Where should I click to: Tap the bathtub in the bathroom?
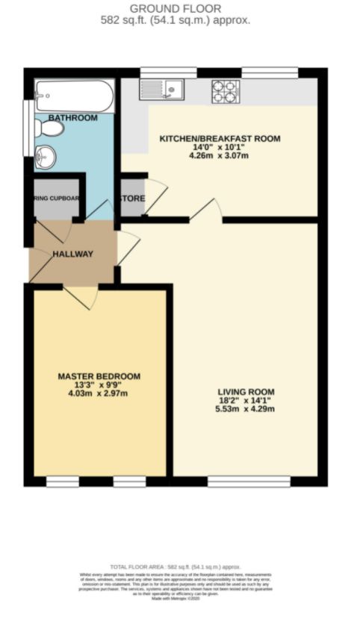coord(74,96)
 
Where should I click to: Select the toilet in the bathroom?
coord(49,128)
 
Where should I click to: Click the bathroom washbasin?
coord(45,158)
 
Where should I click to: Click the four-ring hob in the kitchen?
coord(225,91)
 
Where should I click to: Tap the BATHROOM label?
coord(73,118)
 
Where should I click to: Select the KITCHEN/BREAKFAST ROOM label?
coord(220,139)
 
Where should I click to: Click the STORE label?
coord(133,198)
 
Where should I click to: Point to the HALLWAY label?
coord(72,254)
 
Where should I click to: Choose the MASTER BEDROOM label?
coord(99,376)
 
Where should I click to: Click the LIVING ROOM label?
coord(246,392)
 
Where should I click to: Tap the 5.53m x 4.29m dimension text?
coord(246,410)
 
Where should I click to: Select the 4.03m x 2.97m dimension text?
coord(99,394)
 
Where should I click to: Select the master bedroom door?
coord(82,296)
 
